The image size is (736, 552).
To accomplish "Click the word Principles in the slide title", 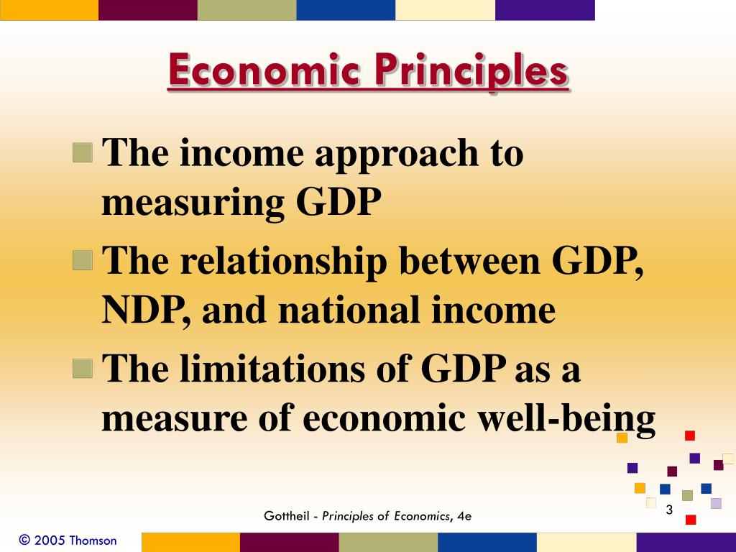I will tap(471, 72).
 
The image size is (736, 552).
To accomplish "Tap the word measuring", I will tap(193, 203).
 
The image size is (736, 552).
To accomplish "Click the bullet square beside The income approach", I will tap(83, 153).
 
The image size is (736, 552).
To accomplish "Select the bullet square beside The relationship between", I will tap(83, 261).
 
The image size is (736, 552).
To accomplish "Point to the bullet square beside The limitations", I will tap(83, 369).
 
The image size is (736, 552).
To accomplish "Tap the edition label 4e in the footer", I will tap(464, 516).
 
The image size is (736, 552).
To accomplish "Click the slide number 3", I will tap(668, 510).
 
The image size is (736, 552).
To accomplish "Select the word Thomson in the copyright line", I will tap(93, 540).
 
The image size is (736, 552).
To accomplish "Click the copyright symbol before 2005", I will tap(25, 540).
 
